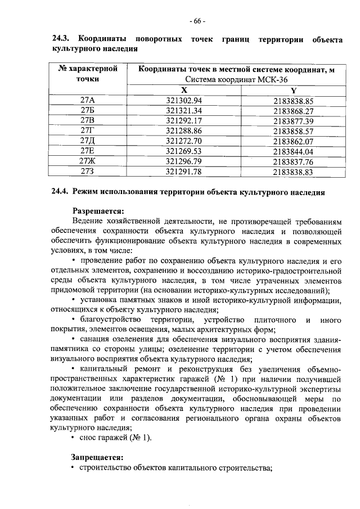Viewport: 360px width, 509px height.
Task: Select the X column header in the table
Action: (184, 90)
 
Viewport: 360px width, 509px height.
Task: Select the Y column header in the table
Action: (293, 90)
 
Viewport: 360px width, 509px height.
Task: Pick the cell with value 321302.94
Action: (184, 101)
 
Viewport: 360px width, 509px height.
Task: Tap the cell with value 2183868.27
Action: (293, 111)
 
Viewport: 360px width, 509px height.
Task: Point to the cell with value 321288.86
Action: (184, 131)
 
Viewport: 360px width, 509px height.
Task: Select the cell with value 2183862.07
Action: (293, 141)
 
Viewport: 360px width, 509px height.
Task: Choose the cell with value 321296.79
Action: (184, 161)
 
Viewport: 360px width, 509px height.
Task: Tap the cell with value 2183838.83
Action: (293, 172)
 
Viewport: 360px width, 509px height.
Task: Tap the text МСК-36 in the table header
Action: (263, 80)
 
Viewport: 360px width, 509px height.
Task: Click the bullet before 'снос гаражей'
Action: (74, 438)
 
